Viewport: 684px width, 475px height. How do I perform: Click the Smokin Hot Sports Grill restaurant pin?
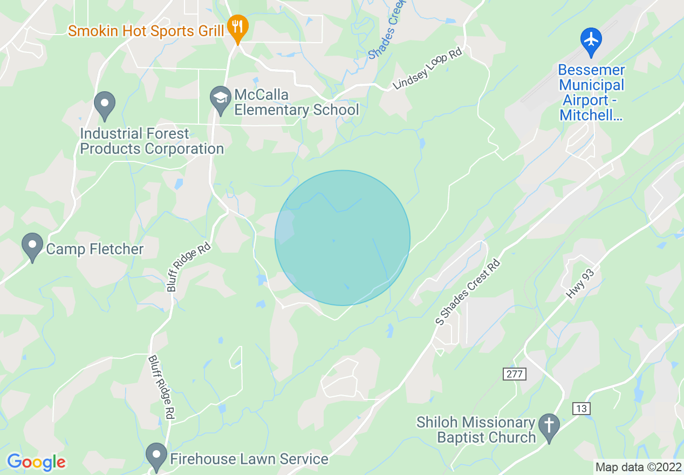(x=236, y=26)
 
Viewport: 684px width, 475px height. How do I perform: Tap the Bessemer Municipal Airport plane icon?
(x=591, y=39)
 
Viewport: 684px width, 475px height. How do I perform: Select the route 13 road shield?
(x=580, y=409)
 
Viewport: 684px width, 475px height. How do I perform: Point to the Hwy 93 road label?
(x=580, y=284)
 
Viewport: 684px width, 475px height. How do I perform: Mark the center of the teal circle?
(x=343, y=238)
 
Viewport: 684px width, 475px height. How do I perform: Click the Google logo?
(x=36, y=462)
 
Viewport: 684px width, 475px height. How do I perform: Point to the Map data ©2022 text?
(x=638, y=466)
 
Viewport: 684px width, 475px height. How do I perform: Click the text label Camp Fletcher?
(x=95, y=249)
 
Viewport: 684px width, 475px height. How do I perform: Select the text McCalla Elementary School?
(x=296, y=103)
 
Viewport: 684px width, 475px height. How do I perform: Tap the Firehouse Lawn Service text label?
(x=249, y=459)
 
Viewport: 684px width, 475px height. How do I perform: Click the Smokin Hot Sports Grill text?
(x=146, y=31)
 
